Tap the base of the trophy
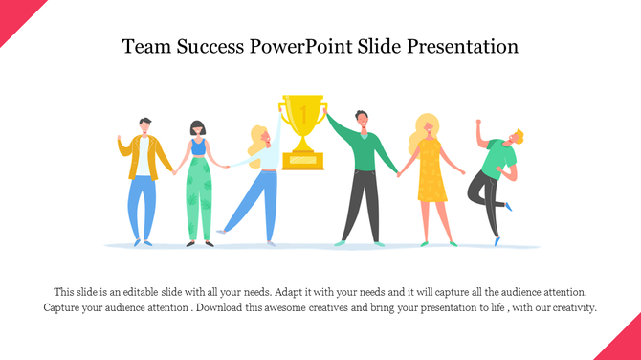302,162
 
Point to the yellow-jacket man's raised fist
121,141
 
